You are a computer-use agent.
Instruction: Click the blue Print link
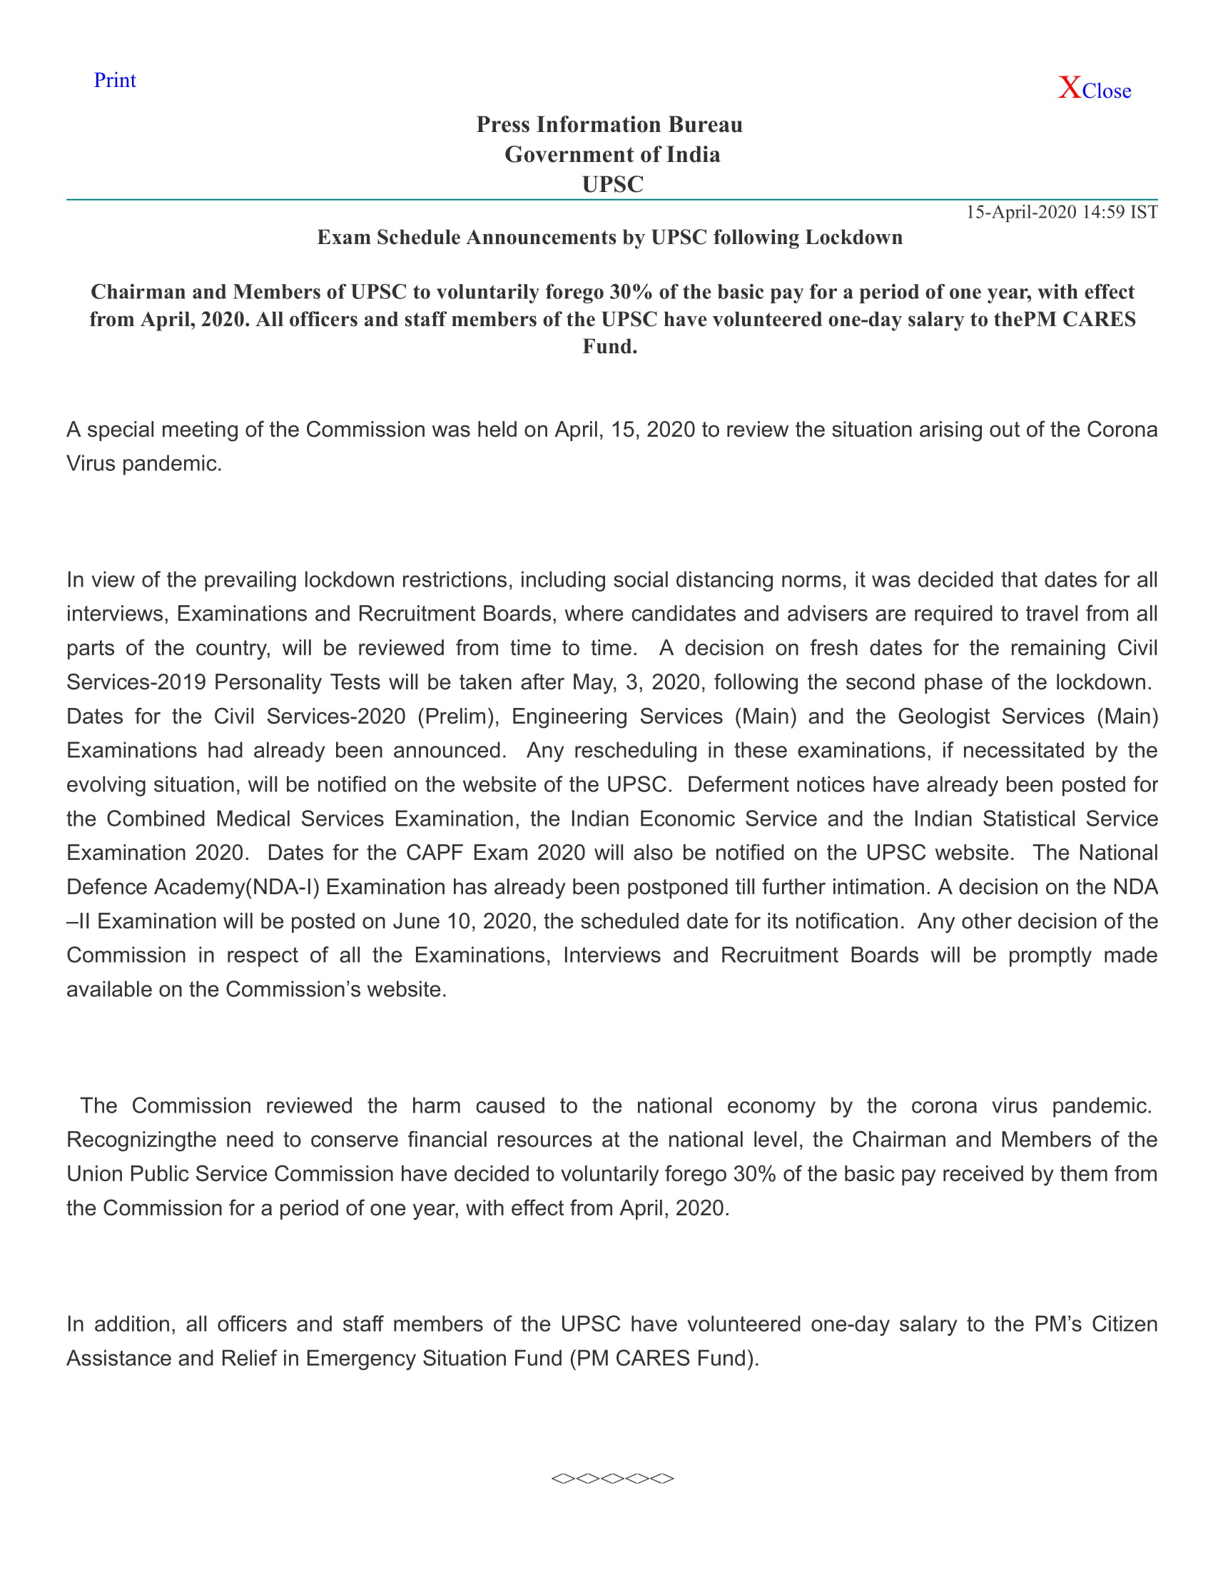114,81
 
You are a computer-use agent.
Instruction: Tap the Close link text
1107,91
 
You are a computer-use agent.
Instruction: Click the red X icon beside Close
1070,88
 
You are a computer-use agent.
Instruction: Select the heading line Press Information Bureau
609,125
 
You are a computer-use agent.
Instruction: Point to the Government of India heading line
612,155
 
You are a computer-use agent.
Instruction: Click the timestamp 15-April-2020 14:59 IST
1062,212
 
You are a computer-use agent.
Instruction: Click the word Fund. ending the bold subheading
610,348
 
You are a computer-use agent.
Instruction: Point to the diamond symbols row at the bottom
612,1479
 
